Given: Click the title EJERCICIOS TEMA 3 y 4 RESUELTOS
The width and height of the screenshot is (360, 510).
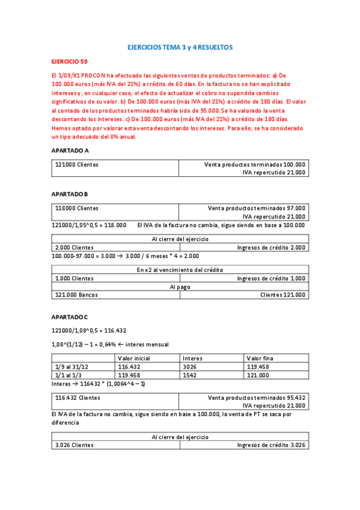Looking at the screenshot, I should (x=180, y=47).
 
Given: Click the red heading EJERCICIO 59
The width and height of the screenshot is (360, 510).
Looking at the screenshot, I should (x=70, y=61).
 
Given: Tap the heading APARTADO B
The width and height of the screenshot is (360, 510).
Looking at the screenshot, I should (x=70, y=194).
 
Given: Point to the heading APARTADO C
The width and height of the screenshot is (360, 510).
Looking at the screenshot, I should (x=70, y=317).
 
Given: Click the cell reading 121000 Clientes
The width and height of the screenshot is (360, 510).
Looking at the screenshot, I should (x=77, y=164).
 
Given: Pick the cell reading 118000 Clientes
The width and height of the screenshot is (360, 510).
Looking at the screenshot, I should (x=77, y=208).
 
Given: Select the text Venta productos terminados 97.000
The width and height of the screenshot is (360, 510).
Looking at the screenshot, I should (x=256, y=208).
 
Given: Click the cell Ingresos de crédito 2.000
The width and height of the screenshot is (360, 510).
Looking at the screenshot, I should (x=271, y=247).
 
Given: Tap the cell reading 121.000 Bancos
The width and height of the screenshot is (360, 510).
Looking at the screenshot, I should (x=76, y=295).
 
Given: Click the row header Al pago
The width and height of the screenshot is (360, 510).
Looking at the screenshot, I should (x=180, y=287).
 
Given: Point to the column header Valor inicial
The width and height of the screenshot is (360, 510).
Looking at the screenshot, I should (x=134, y=357).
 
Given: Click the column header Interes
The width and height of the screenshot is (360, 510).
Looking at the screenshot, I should (x=192, y=357).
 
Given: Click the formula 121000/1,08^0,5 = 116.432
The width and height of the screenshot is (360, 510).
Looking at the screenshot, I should (x=88, y=330).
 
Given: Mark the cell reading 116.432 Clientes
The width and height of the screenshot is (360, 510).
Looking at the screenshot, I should (x=78, y=398).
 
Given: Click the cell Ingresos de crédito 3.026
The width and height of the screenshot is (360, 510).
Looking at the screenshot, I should (x=271, y=445).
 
